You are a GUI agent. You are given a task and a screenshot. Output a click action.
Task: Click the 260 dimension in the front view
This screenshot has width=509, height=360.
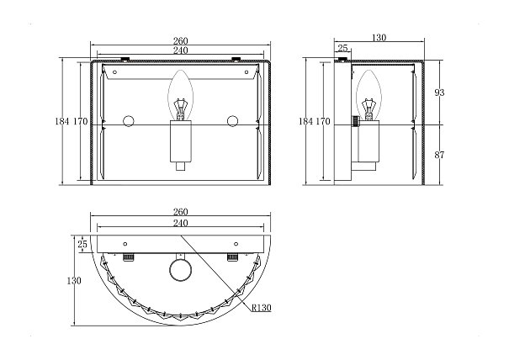pyautogui.click(x=181, y=41)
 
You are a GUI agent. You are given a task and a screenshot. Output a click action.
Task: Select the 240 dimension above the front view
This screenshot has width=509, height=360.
pyautogui.click(x=181, y=50)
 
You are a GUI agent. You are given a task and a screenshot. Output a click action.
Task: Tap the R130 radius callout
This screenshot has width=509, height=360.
pyautogui.click(x=262, y=307)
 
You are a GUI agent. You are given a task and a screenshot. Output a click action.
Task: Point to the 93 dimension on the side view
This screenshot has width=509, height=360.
pyautogui.click(x=439, y=93)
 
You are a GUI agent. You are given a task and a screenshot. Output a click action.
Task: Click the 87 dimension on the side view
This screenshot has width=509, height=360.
pyautogui.click(x=439, y=155)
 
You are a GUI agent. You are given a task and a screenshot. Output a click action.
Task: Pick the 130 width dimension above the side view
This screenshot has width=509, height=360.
pyautogui.click(x=379, y=38)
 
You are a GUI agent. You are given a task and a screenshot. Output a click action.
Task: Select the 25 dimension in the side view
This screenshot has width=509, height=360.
pyautogui.click(x=342, y=48)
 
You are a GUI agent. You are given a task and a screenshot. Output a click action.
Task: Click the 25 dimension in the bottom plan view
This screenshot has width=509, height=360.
pyautogui.click(x=82, y=244)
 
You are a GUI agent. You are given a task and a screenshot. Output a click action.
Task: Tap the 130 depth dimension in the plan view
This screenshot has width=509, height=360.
pyautogui.click(x=74, y=280)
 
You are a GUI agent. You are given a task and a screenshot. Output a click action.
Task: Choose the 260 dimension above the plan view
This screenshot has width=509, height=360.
pyautogui.click(x=181, y=212)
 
